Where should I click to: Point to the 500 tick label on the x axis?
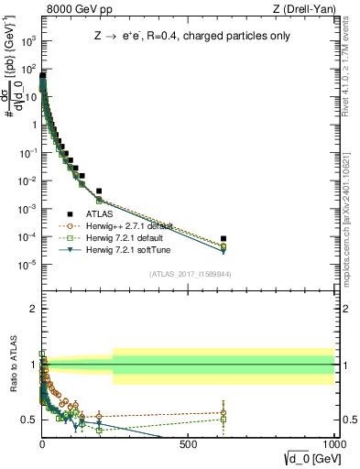pyautogui.click(x=189, y=443)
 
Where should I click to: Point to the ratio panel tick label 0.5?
pyautogui.click(x=28, y=419)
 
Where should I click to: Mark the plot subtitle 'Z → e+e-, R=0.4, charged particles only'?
pyautogui.click(x=188, y=38)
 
